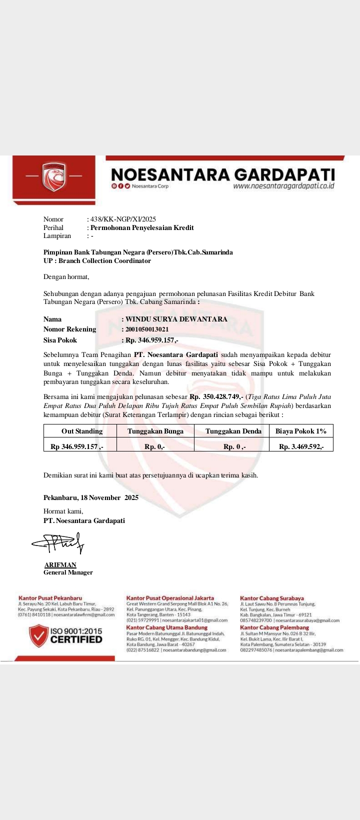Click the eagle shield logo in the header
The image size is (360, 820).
(x=54, y=177)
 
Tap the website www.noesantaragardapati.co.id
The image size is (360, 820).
(x=283, y=186)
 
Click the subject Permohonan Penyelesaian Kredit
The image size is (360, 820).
(x=142, y=227)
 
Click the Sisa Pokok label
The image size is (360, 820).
(x=60, y=340)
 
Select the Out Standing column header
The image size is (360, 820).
(x=82, y=431)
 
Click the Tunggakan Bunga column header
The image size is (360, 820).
(x=155, y=431)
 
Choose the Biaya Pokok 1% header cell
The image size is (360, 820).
(x=301, y=431)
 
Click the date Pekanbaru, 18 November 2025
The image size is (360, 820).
(x=91, y=497)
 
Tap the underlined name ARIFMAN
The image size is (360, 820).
(x=60, y=565)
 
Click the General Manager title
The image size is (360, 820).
(x=68, y=572)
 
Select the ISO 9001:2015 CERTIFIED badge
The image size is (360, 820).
(x=66, y=635)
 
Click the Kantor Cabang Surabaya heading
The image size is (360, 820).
(x=272, y=598)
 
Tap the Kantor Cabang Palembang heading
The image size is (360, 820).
(x=274, y=627)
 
